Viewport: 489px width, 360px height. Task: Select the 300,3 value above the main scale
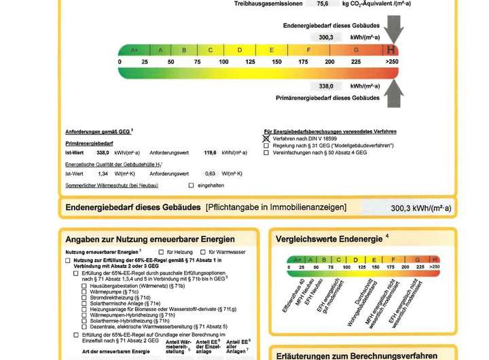pyautogui.click(x=327, y=37)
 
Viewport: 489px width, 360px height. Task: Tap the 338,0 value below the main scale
pyautogui.click(x=327, y=86)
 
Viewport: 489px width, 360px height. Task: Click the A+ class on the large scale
pyautogui.click(x=134, y=50)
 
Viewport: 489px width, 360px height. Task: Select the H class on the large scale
pyautogui.click(x=391, y=50)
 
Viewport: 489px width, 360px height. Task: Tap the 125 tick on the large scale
pyautogui.click(x=251, y=62)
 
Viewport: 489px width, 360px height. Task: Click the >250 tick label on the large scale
pyautogui.click(x=392, y=62)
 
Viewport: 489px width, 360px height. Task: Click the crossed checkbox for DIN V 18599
pyautogui.click(x=267, y=138)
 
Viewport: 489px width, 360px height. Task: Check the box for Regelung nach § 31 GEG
pyautogui.click(x=267, y=145)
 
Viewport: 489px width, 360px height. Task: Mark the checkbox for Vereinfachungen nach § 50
pyautogui.click(x=267, y=153)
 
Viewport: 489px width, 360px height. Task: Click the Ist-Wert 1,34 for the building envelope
pyautogui.click(x=94, y=174)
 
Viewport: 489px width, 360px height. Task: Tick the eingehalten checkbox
pyautogui.click(x=192, y=185)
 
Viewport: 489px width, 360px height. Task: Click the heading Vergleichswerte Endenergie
pyautogui.click(x=329, y=238)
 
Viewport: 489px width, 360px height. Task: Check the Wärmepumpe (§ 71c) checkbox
pyautogui.click(x=84, y=291)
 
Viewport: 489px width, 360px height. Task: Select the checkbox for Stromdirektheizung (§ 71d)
pyautogui.click(x=84, y=298)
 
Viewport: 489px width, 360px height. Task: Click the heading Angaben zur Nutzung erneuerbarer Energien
pyautogui.click(x=150, y=239)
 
